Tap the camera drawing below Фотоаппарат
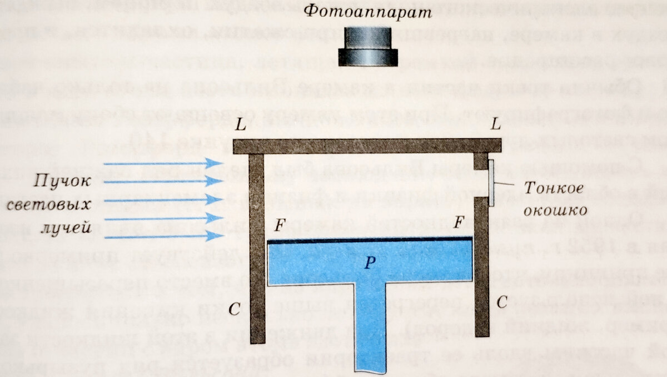click(368, 48)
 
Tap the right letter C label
click(502, 303)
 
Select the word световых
click(50, 204)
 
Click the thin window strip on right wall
click(492, 183)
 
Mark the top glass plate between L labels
click(367, 145)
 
